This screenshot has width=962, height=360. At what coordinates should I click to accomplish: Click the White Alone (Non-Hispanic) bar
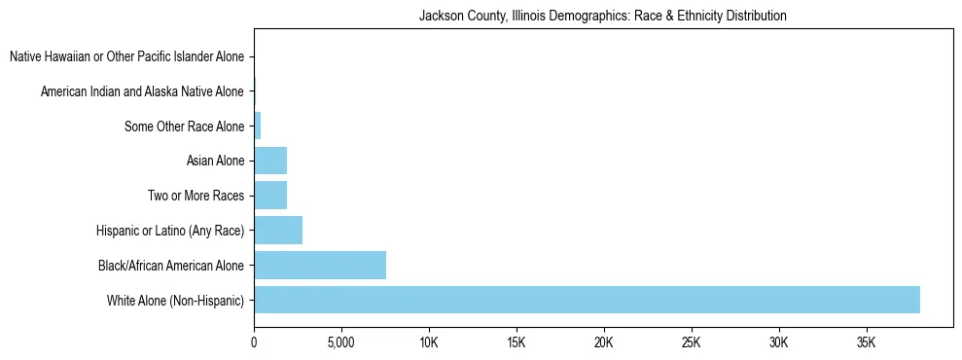587,300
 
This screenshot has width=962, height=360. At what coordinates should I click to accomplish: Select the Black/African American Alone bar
320,265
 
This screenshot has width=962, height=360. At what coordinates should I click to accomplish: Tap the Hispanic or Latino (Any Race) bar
278,230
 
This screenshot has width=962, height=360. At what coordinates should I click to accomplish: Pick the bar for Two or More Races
270,195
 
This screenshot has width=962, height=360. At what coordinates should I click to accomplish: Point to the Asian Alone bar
270,161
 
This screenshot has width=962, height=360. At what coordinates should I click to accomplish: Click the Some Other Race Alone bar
258,126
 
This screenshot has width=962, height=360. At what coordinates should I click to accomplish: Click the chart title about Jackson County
602,17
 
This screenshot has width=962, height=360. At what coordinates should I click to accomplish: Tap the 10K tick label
429,342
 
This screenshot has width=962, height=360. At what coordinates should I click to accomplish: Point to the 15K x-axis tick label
517,342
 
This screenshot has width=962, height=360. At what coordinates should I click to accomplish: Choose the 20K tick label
604,342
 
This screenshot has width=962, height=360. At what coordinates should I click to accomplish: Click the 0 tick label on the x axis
254,342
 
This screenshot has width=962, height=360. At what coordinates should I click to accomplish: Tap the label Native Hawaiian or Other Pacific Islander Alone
127,56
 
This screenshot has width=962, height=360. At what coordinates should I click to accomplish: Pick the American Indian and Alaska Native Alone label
142,91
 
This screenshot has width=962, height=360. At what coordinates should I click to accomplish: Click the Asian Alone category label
215,161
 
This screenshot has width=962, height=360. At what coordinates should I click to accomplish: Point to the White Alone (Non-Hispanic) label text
176,300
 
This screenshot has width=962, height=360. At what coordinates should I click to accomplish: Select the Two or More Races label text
196,196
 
